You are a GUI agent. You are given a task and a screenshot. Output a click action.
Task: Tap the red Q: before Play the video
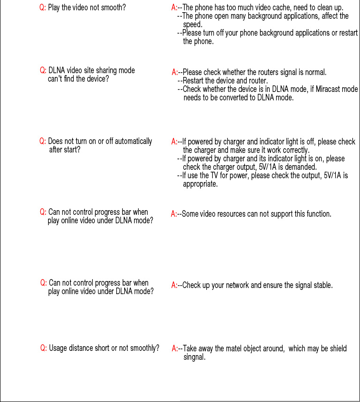[43, 8]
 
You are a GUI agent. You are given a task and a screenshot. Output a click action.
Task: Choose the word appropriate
[200, 184]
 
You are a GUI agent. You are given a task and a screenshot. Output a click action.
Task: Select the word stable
[322, 285]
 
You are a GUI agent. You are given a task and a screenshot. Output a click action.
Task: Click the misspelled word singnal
[195, 357]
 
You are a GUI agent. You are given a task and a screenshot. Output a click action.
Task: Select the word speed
[192, 24]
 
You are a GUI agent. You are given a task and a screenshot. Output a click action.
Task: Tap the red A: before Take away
[174, 349]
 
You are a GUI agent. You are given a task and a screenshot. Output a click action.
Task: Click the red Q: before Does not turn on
[43, 141]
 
